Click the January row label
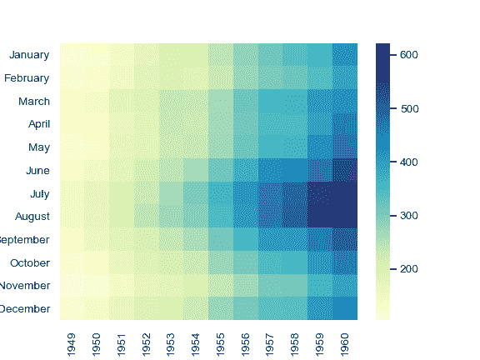(x=29, y=55)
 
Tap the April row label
(x=35, y=124)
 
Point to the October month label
(x=29, y=262)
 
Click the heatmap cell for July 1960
(x=345, y=193)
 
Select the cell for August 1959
(x=320, y=217)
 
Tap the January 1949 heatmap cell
(x=72, y=55)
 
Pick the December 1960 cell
(x=345, y=308)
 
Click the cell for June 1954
(x=196, y=170)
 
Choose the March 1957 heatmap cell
(x=271, y=101)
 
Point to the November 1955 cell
(x=221, y=285)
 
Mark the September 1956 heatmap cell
(x=246, y=239)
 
